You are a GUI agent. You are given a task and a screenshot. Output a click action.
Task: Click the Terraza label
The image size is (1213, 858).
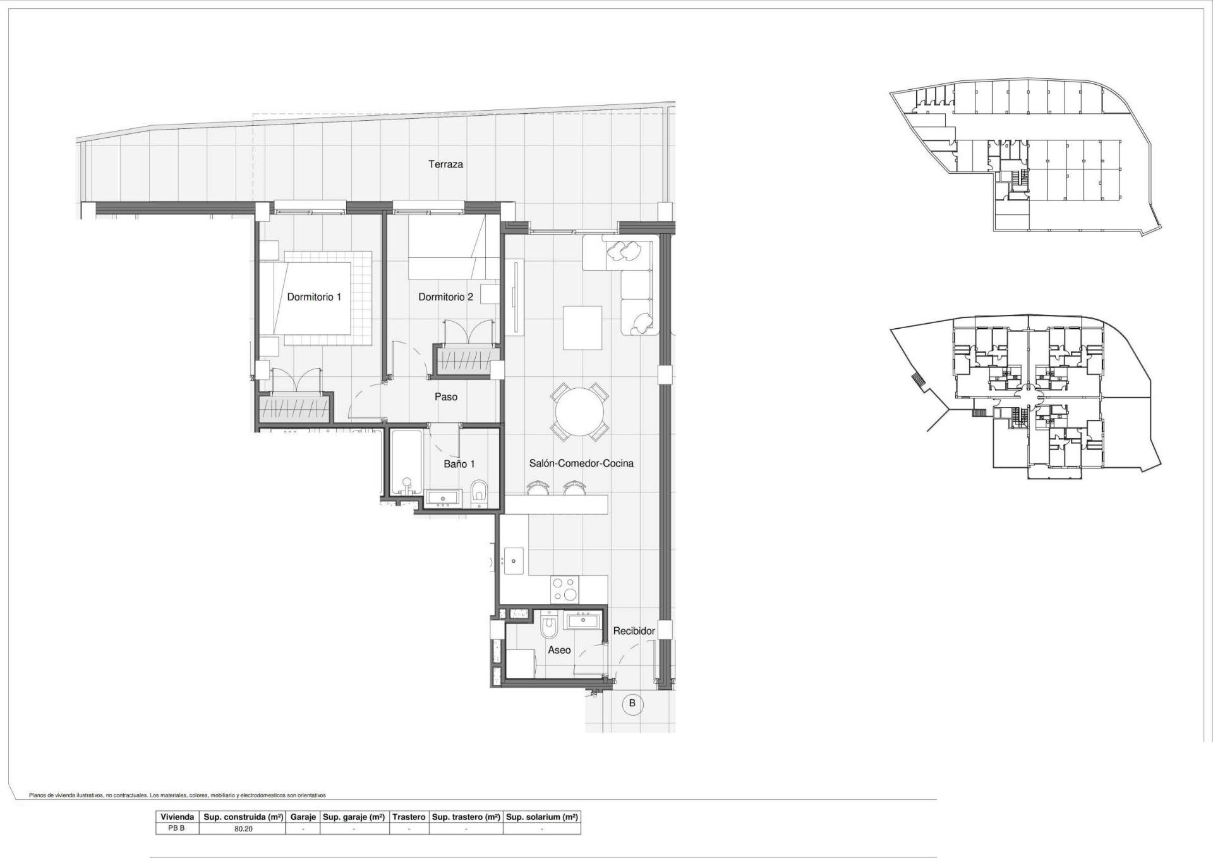[x=445, y=164]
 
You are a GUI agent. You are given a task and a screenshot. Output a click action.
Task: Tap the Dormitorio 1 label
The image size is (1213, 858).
[x=314, y=297]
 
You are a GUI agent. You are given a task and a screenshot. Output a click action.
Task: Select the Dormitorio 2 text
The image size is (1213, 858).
[x=445, y=297]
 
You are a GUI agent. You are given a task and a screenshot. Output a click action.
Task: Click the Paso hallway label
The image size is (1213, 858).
[x=446, y=397]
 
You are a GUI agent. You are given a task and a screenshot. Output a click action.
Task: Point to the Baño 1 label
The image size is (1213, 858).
[x=459, y=464]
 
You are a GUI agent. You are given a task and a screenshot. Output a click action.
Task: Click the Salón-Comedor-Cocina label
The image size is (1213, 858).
[x=581, y=463]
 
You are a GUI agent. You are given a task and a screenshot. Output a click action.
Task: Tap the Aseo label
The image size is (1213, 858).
[x=559, y=650]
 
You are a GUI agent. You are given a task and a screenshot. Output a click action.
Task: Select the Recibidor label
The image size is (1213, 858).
[x=634, y=631]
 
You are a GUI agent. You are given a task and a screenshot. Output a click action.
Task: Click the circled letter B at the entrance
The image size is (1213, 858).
[x=632, y=703]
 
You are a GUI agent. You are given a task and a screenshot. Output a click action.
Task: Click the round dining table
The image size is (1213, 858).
[x=579, y=413]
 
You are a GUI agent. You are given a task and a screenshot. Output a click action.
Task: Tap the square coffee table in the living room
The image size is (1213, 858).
[x=582, y=328]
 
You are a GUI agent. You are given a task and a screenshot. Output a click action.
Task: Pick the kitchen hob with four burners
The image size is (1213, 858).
[x=565, y=589]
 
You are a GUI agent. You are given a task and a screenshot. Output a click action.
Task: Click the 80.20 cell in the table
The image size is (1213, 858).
[x=243, y=828]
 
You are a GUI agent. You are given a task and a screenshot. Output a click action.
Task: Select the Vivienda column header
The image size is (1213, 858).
[x=178, y=817]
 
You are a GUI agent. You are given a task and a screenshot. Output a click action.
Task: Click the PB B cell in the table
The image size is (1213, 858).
[x=177, y=828]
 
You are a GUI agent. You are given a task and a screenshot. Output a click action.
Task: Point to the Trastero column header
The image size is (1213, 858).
[x=409, y=817]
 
